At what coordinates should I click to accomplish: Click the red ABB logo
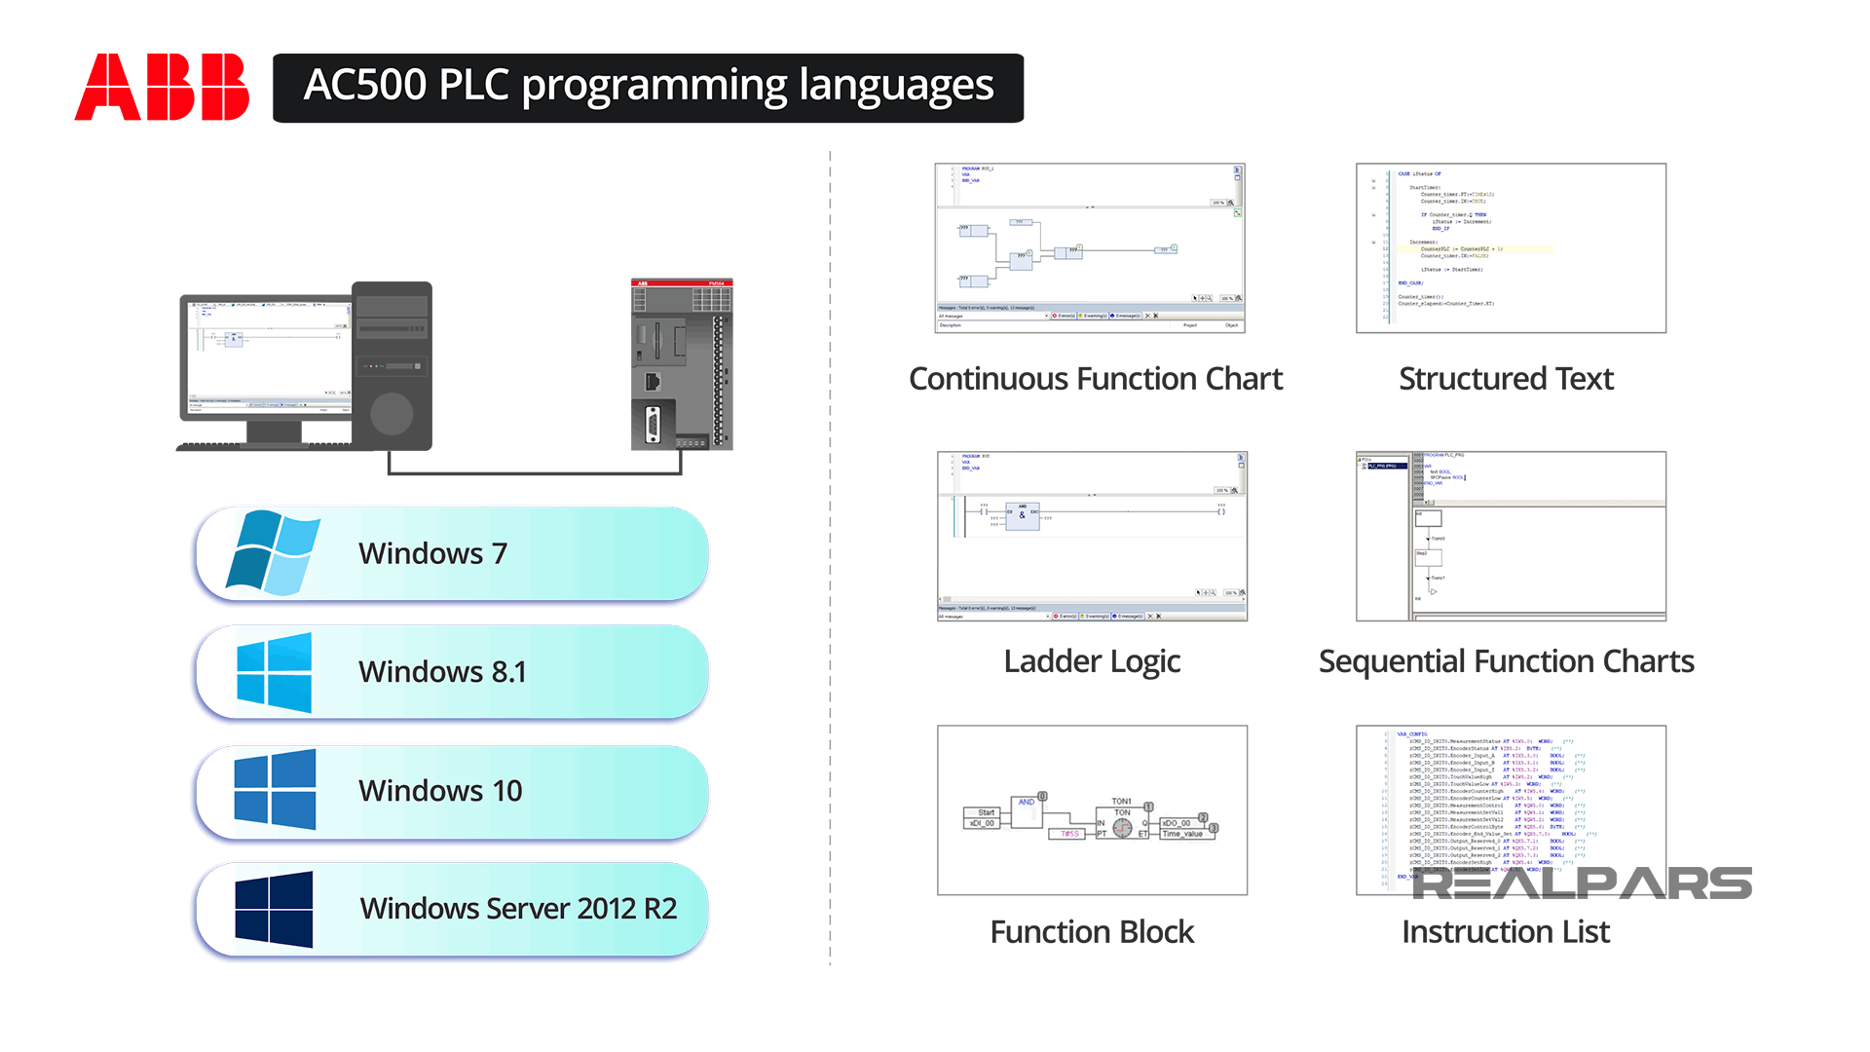(162, 87)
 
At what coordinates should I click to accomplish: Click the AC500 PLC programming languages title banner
(648, 88)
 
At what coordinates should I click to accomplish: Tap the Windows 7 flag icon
(273, 552)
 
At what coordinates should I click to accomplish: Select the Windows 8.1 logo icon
(274, 672)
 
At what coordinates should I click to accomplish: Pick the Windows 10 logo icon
(275, 790)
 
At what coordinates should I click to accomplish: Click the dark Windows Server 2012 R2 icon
(274, 909)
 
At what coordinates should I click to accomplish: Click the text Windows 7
(432, 553)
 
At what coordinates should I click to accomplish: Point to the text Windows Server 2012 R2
(518, 909)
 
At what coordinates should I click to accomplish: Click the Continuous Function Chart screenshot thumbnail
(1090, 248)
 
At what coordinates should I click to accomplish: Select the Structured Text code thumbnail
(1511, 248)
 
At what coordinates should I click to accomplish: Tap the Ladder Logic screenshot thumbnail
(1092, 536)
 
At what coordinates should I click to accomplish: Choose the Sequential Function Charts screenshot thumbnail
(1511, 536)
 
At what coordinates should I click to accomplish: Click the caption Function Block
(1092, 932)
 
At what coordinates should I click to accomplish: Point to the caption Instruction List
(1506, 932)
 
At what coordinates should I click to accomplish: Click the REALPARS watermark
(1582, 883)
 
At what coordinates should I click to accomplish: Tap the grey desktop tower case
(392, 365)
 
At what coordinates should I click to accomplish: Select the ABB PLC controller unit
(682, 365)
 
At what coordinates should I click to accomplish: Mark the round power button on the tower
(392, 414)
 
